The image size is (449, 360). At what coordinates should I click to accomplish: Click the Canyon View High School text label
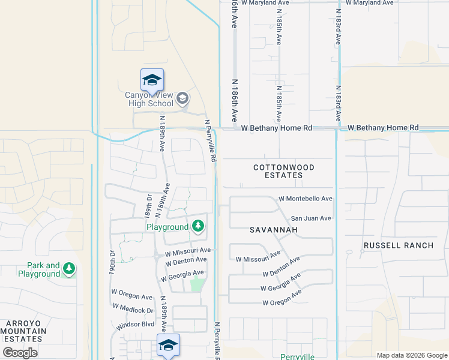[x=149, y=99]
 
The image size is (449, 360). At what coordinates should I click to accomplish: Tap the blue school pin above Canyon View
[x=152, y=80]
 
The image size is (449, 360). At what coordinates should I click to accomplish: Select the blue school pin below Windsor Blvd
[x=169, y=345]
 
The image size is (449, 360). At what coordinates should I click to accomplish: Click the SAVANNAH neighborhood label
[x=273, y=230]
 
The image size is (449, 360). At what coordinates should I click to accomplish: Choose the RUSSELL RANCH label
[x=398, y=245]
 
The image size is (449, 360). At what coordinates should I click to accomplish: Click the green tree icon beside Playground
[x=198, y=227]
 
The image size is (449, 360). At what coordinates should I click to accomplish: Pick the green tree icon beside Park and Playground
[x=70, y=269]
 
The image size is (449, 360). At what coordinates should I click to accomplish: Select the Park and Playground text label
[x=44, y=269]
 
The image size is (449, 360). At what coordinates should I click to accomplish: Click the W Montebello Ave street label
[x=306, y=199]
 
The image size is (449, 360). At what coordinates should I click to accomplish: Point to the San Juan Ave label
[x=311, y=218]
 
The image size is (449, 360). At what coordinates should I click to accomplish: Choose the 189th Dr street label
[x=148, y=206]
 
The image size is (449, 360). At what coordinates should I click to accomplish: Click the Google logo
[x=20, y=352]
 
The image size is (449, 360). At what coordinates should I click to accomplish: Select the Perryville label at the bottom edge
[x=297, y=356]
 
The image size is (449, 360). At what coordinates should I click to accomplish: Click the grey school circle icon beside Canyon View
[x=182, y=98]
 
